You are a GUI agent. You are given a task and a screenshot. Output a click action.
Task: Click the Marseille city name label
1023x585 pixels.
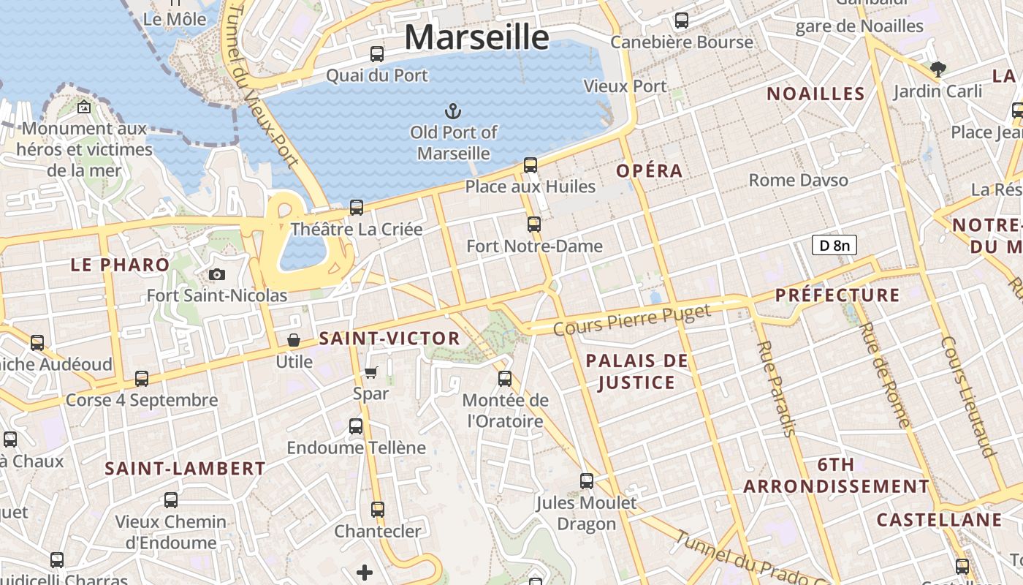tap(476, 37)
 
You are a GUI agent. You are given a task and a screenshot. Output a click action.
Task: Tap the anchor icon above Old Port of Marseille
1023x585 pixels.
tap(453, 111)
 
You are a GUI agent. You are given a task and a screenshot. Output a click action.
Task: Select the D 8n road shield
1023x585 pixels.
tap(834, 245)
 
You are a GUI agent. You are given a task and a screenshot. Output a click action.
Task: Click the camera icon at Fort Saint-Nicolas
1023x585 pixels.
tap(216, 274)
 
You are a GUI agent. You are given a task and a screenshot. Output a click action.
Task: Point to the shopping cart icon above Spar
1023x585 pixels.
tap(370, 373)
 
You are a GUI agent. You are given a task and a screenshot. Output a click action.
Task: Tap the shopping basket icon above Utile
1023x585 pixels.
tap(294, 340)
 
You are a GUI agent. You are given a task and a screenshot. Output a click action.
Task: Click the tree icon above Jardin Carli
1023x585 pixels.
tap(938, 69)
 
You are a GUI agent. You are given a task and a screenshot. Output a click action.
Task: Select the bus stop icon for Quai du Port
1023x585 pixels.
tap(377, 53)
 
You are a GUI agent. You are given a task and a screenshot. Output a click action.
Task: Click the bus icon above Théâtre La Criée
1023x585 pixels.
tap(357, 208)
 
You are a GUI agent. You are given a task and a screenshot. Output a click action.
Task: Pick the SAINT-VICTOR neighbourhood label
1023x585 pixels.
tap(389, 339)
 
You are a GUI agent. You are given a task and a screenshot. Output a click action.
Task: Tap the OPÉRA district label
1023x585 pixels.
tap(649, 171)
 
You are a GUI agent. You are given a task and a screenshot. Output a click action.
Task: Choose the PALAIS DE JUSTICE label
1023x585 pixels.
tap(637, 371)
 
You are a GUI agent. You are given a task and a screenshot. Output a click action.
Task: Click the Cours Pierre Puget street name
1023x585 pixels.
tap(631, 321)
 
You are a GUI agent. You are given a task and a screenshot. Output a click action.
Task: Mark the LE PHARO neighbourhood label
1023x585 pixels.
tap(120, 265)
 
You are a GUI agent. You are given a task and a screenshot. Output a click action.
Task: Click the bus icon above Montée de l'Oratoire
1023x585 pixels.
tap(505, 378)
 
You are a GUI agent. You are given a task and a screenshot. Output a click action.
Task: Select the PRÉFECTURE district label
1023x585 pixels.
tap(837, 295)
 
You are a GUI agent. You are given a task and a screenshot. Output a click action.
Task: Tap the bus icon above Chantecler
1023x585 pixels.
tap(378, 509)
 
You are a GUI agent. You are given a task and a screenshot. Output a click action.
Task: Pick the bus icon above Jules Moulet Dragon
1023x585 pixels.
tap(587, 480)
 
